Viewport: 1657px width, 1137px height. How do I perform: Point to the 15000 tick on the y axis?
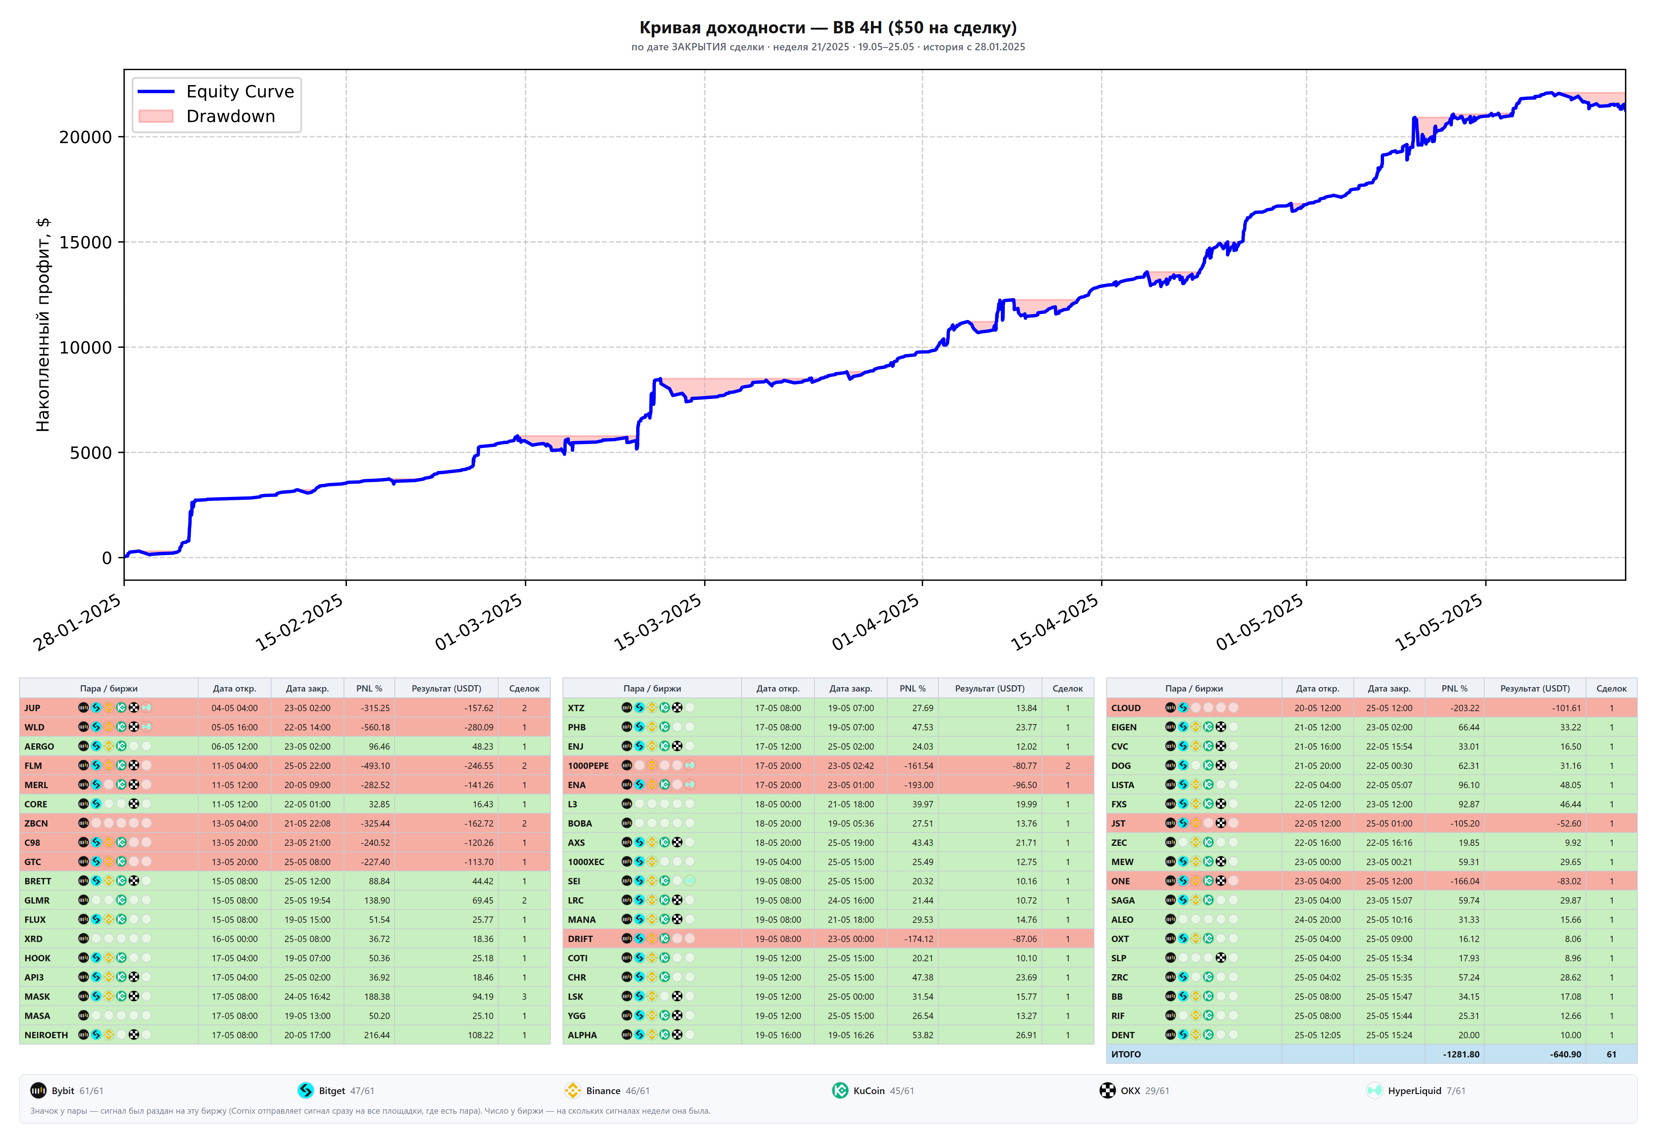85,242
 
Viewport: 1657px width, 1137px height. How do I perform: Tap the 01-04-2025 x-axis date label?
875,623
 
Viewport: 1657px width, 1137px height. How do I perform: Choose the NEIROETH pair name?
46,1035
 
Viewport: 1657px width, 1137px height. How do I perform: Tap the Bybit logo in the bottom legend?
38,1091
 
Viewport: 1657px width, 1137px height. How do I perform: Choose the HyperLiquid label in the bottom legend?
1414,1091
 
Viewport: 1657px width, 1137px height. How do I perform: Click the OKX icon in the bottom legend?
1107,1091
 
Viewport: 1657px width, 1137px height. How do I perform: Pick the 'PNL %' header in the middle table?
912,688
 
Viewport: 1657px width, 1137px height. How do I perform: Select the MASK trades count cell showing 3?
524,996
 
